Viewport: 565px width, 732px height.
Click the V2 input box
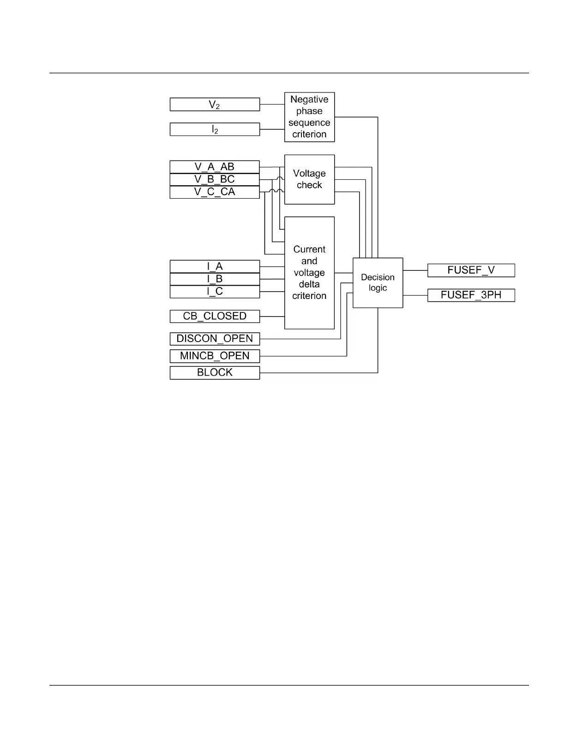click(x=215, y=104)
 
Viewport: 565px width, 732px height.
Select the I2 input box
click(x=215, y=129)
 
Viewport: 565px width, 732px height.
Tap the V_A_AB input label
click(x=215, y=167)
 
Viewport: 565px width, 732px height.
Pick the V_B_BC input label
click(x=215, y=179)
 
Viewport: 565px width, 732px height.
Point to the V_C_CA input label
click(x=215, y=192)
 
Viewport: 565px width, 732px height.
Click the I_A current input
click(x=215, y=267)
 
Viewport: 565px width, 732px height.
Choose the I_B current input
click(x=215, y=279)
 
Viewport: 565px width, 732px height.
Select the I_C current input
click(x=215, y=292)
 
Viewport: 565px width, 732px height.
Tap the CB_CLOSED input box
click(x=215, y=316)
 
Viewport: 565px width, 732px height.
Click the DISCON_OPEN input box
click(x=215, y=339)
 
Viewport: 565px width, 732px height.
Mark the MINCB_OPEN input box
click(x=215, y=356)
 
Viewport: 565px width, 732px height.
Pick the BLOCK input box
click(x=215, y=372)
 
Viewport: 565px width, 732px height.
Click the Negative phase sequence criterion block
click(x=309, y=117)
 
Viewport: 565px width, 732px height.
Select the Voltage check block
click(x=309, y=179)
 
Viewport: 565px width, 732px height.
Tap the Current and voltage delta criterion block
click(x=309, y=273)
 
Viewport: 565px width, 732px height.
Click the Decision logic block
click(x=378, y=283)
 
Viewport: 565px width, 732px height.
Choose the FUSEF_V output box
click(x=471, y=270)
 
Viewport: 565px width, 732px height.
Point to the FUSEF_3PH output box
click(x=471, y=295)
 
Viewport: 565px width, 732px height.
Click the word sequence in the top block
click(x=309, y=123)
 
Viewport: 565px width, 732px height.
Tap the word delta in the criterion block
click(x=309, y=284)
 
